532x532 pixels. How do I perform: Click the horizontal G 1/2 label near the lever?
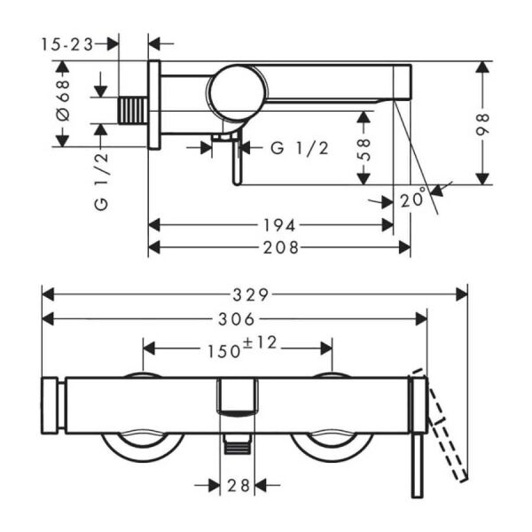tap(300, 148)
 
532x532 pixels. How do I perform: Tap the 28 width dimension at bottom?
tap(238, 485)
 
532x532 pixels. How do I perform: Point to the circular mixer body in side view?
tap(236, 91)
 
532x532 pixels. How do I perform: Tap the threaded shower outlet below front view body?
tap(237, 447)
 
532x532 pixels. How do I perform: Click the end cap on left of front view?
tap(51, 405)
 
